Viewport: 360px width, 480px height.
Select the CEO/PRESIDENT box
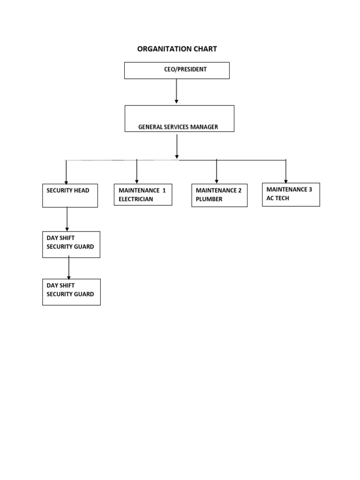[x=177, y=70]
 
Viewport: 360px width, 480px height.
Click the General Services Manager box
[x=179, y=119]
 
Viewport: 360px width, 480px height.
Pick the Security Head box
[x=70, y=195]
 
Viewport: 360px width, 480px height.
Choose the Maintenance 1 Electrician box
[x=142, y=195]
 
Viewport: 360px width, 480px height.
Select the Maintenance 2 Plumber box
[x=219, y=195]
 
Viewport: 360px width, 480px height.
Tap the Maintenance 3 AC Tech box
[x=291, y=195]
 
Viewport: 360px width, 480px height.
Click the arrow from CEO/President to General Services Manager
[x=176, y=91]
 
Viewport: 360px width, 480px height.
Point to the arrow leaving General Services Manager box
[x=177, y=146]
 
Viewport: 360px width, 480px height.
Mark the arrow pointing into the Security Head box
[x=66, y=172]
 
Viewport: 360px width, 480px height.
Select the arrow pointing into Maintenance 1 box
[x=137, y=172]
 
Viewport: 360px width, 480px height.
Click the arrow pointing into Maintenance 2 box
[x=217, y=172]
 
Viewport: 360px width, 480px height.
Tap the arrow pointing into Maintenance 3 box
[x=286, y=171]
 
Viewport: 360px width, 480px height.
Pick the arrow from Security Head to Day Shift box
[x=67, y=219]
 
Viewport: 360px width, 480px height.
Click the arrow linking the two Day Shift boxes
[x=69, y=268]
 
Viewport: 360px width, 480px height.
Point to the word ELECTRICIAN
[x=136, y=199]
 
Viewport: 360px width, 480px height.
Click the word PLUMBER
[x=209, y=199]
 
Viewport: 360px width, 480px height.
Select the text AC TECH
[x=278, y=198]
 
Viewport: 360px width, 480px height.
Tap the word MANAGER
[x=203, y=127]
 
